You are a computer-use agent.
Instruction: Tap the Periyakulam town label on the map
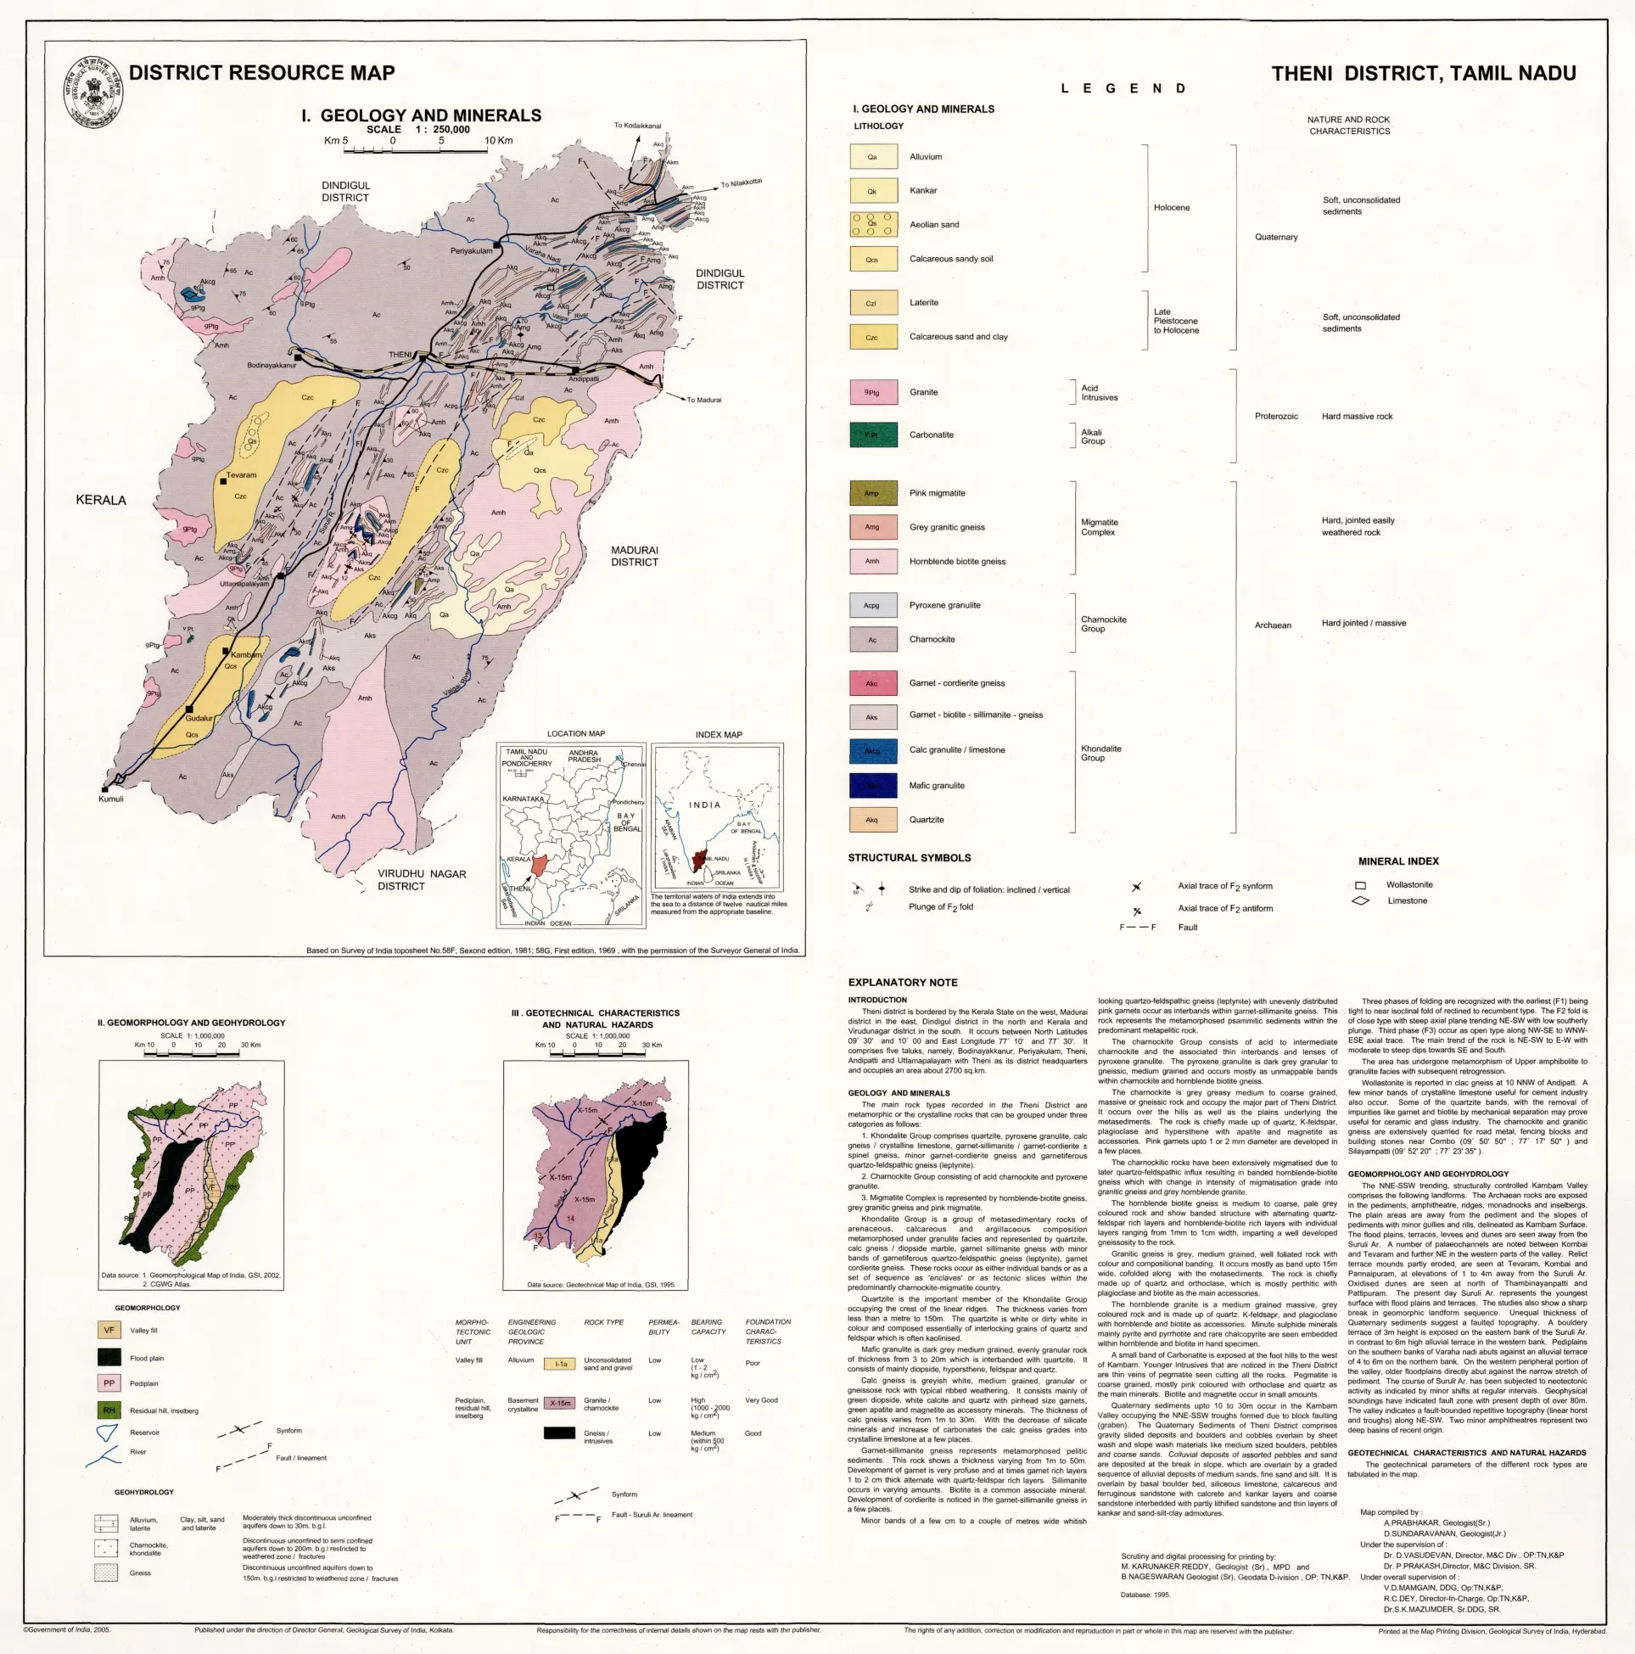click(472, 251)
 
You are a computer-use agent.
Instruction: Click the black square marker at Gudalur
click(189, 709)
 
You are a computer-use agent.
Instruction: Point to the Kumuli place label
click(110, 799)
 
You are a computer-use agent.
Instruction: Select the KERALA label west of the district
click(101, 500)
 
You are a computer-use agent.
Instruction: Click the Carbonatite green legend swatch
click(872, 435)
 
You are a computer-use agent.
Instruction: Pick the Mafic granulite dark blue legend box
click(872, 785)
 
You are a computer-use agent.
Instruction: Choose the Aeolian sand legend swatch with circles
click(872, 224)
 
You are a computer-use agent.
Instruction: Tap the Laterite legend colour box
click(872, 302)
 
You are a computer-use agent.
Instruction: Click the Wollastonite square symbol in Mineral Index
click(1360, 885)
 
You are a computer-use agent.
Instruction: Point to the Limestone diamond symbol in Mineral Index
click(1360, 900)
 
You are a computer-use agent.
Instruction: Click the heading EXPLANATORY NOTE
click(902, 982)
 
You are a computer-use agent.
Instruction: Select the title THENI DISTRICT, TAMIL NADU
click(1423, 74)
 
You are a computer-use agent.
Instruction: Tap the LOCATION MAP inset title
click(575, 734)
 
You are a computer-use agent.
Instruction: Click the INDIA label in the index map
click(704, 805)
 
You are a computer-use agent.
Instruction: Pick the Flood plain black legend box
click(109, 1357)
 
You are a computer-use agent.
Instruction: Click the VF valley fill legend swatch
click(109, 1331)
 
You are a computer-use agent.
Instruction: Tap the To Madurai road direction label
click(703, 400)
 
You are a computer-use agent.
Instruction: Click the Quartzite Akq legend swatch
click(872, 819)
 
